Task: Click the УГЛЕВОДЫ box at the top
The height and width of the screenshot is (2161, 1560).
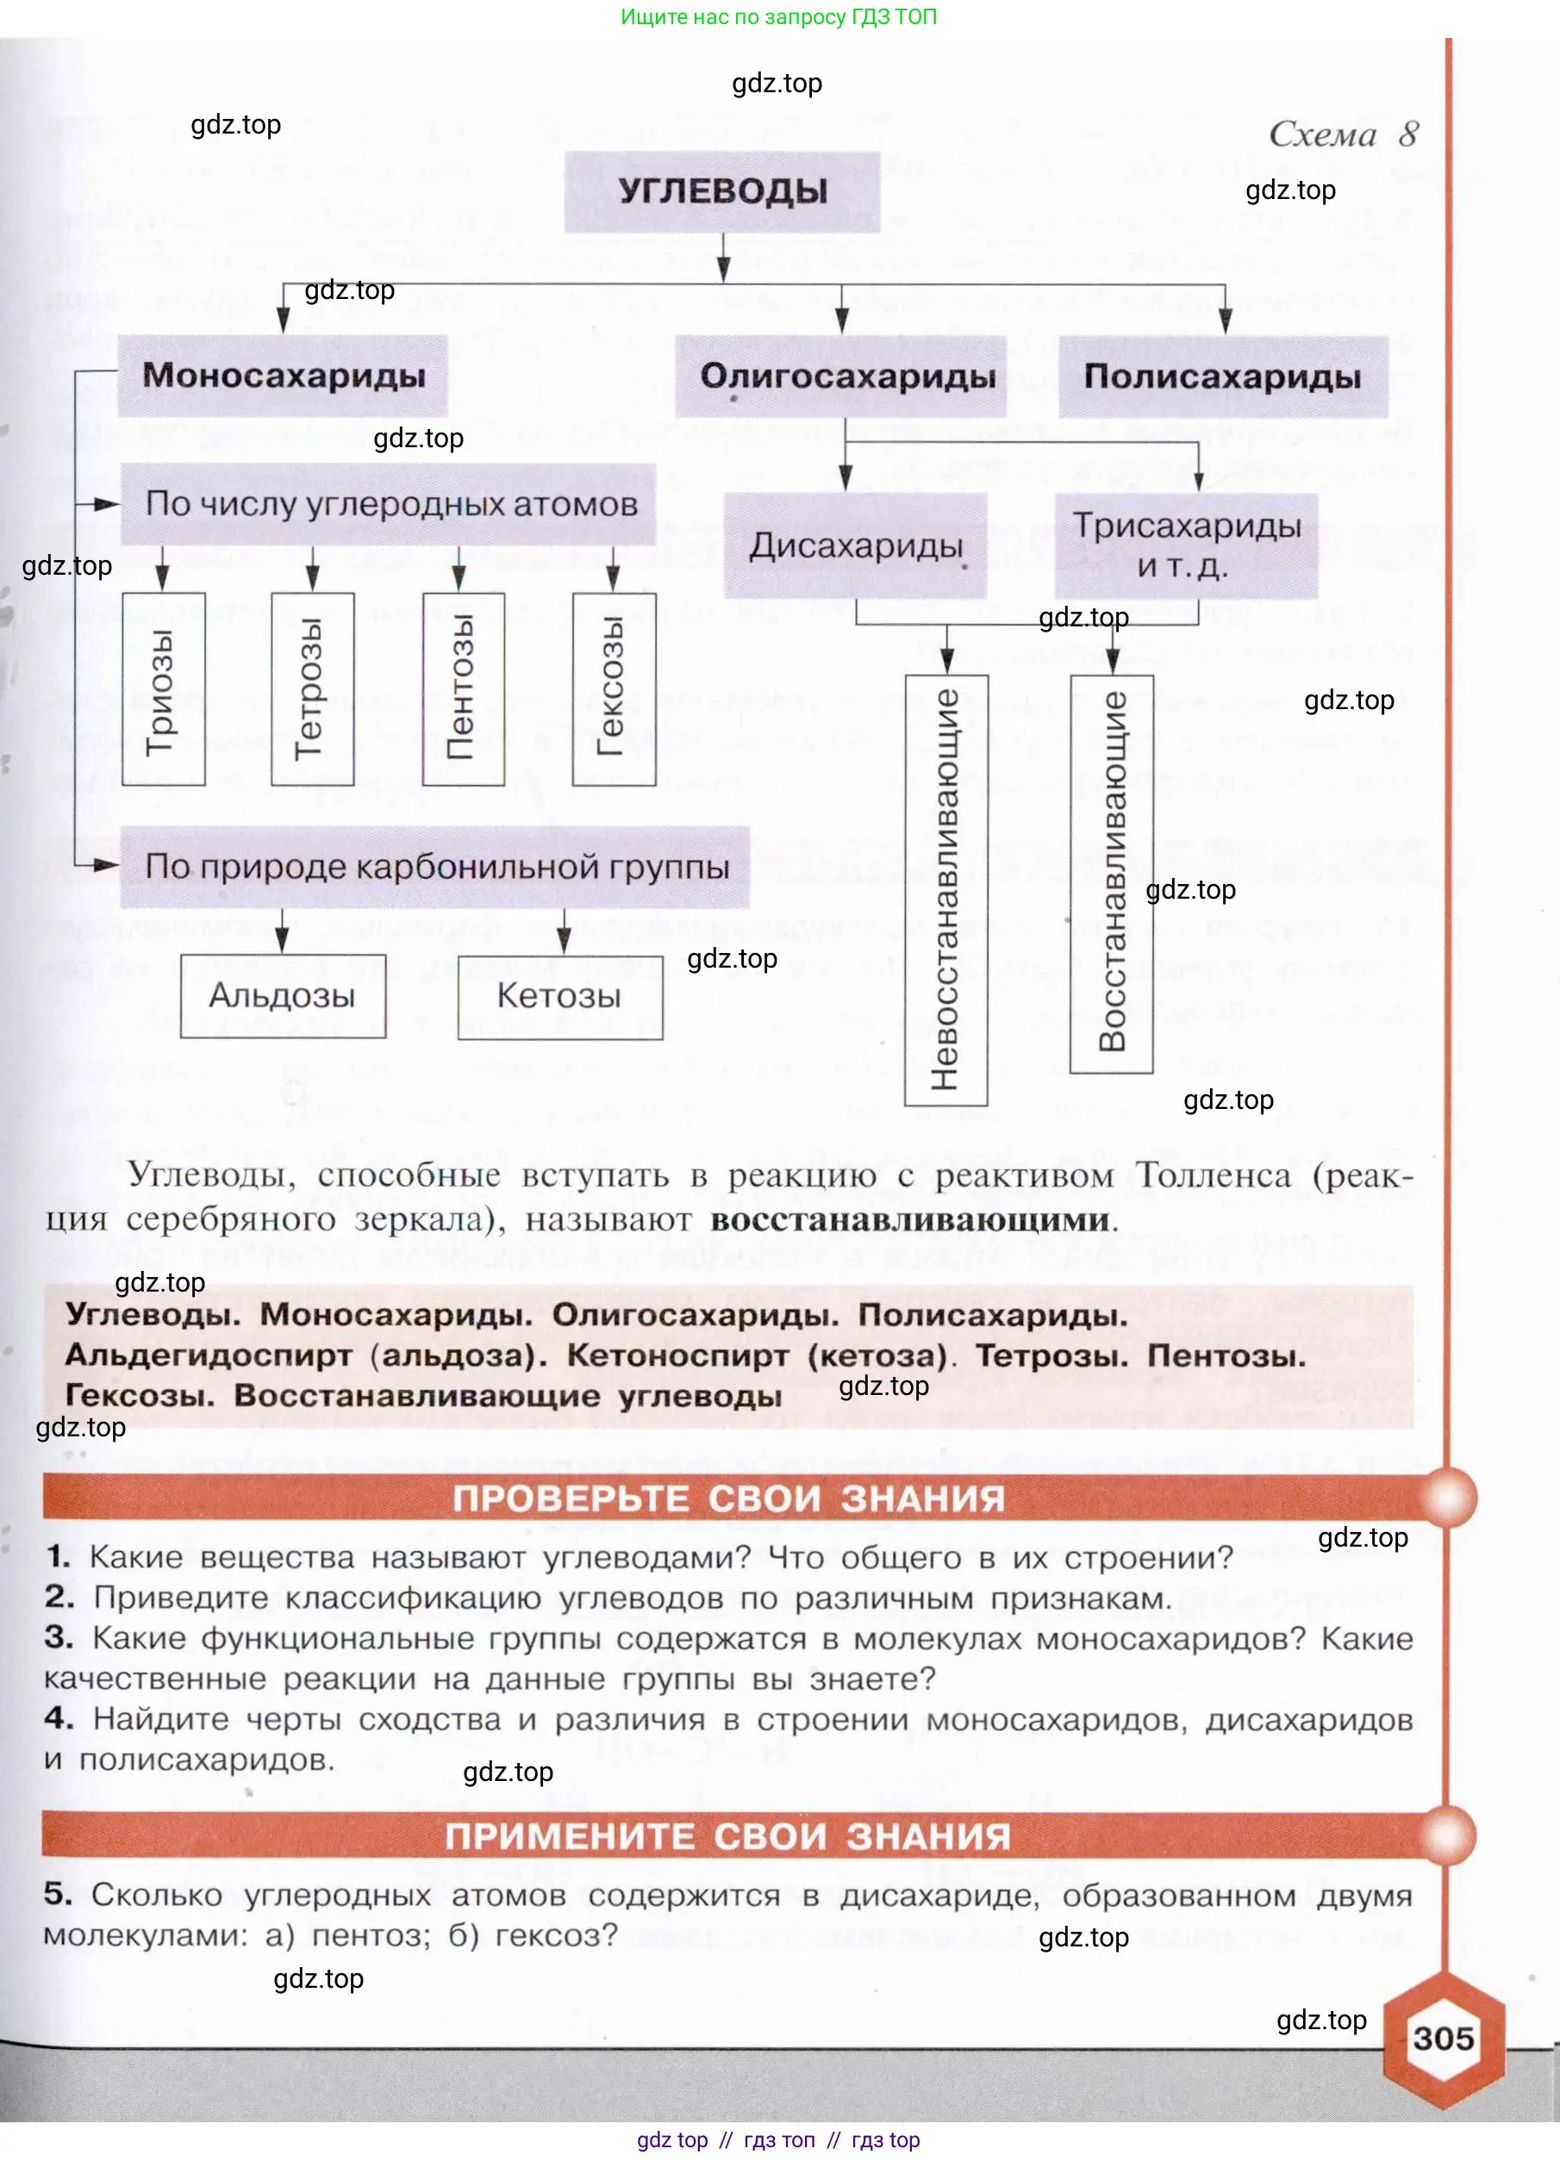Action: (721, 191)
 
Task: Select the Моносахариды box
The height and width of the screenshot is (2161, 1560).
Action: (283, 376)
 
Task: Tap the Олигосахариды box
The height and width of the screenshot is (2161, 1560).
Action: (841, 377)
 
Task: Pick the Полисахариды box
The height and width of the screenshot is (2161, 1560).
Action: (1223, 377)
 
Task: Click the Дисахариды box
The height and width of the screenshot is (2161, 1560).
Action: (855, 546)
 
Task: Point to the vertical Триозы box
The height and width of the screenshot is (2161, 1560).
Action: (163, 690)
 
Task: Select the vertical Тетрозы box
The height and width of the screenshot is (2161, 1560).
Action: (312, 690)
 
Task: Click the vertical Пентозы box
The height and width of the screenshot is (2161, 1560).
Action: (463, 690)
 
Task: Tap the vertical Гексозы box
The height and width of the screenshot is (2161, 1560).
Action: (614, 690)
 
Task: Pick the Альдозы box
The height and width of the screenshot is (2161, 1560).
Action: (283, 996)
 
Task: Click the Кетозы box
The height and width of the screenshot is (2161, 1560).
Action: (560, 997)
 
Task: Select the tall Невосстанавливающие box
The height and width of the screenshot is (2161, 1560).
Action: (945, 890)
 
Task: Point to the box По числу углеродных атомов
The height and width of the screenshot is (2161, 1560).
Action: (389, 504)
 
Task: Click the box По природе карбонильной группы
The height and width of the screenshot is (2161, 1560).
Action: (435, 867)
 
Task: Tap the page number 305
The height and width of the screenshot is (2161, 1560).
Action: (1443, 2038)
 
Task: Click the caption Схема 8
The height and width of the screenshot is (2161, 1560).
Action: (1343, 134)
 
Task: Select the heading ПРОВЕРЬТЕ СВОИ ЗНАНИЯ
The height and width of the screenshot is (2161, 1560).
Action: (729, 1498)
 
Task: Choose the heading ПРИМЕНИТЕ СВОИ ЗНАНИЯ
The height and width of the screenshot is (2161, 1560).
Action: (729, 1836)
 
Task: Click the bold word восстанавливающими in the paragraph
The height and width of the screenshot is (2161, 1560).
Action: (910, 1219)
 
